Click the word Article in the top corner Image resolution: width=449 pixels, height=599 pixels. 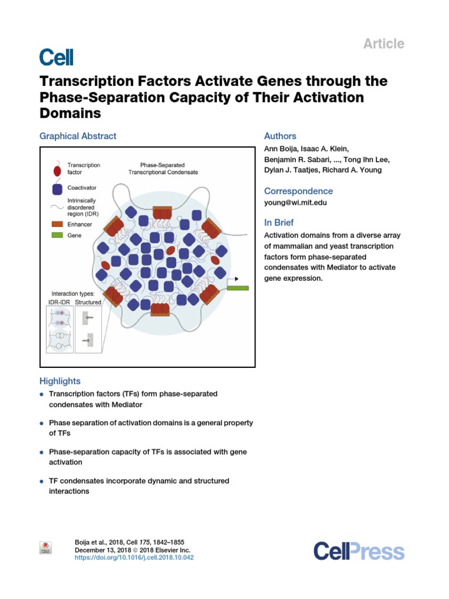click(384, 43)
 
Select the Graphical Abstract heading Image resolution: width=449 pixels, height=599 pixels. click(78, 136)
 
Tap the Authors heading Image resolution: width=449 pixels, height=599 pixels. click(280, 136)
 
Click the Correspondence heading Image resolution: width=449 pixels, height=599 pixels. click(298, 191)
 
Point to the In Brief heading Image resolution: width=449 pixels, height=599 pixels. click(279, 223)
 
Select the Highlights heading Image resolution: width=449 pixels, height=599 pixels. click(60, 381)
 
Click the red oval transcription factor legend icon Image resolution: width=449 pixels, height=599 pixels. click(57, 171)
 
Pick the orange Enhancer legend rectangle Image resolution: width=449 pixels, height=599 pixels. click(57, 224)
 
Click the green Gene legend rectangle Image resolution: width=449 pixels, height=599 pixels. click(57, 236)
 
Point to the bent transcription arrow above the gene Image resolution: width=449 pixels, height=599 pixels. click(231, 280)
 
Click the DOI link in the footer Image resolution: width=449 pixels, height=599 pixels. click(134, 558)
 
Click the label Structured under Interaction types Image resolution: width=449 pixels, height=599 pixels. click(88, 302)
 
